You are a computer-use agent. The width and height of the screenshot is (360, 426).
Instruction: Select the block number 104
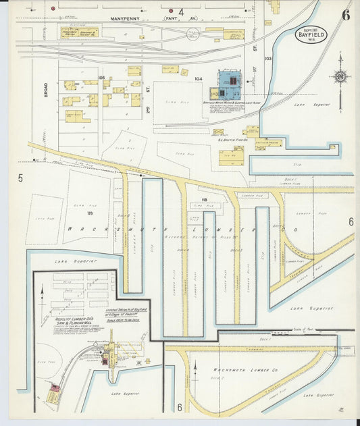(x=199, y=79)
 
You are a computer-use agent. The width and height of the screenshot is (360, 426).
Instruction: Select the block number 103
(x=268, y=59)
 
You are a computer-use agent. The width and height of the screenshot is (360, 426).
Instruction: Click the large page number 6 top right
(x=345, y=16)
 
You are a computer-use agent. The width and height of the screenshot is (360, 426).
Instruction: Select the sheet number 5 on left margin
(x=20, y=178)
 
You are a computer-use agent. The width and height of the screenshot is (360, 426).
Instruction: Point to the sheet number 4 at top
(x=181, y=12)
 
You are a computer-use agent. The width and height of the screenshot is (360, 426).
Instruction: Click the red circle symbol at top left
(x=53, y=9)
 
